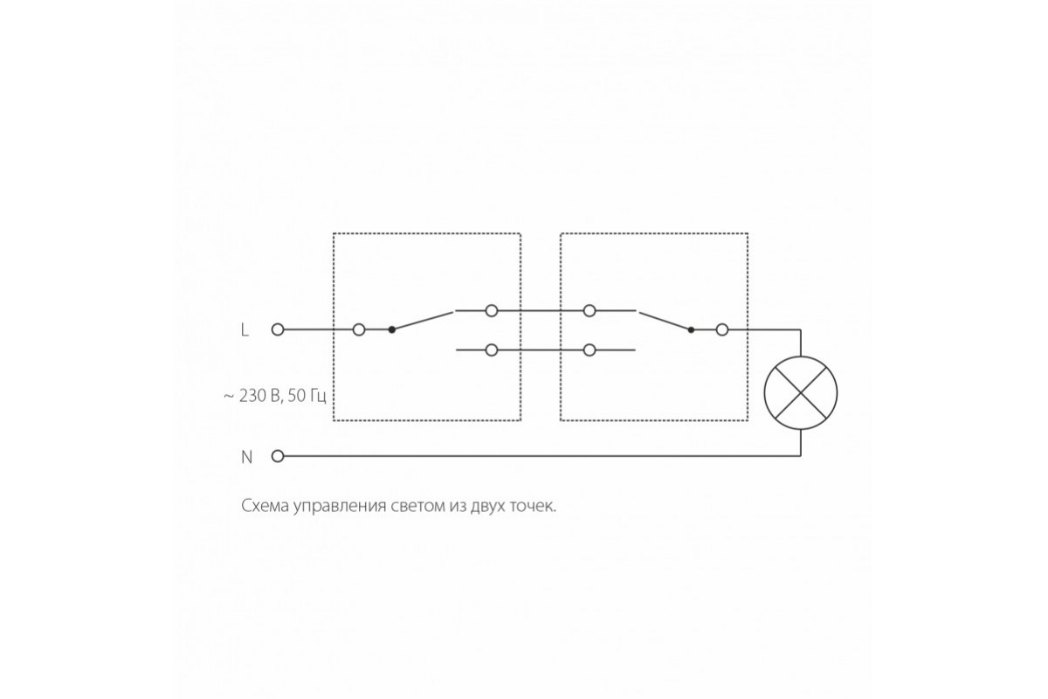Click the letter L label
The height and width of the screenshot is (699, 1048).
(x=245, y=330)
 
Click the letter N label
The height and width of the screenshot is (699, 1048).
(x=246, y=457)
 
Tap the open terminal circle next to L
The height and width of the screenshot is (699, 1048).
(x=278, y=329)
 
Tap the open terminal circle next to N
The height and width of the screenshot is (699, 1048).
(x=278, y=456)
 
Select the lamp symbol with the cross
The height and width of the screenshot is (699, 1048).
(x=801, y=393)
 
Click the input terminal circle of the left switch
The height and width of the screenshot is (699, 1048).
(x=359, y=329)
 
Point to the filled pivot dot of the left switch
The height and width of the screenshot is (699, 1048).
(x=392, y=329)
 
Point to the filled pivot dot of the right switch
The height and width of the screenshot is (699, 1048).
(x=691, y=329)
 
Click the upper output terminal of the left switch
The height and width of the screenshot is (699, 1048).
(x=491, y=310)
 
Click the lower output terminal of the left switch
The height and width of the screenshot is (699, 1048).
(x=491, y=349)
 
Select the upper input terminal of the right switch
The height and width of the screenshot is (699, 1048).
(x=589, y=310)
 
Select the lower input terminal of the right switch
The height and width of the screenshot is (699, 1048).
(x=589, y=349)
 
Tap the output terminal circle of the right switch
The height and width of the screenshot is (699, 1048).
(x=722, y=329)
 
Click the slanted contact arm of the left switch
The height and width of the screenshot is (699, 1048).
(x=423, y=321)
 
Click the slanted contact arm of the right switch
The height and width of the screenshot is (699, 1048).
(x=665, y=321)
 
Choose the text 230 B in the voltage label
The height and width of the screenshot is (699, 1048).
(x=259, y=396)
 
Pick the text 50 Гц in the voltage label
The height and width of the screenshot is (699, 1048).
(x=307, y=396)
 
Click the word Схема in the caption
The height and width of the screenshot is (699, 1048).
(x=265, y=506)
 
